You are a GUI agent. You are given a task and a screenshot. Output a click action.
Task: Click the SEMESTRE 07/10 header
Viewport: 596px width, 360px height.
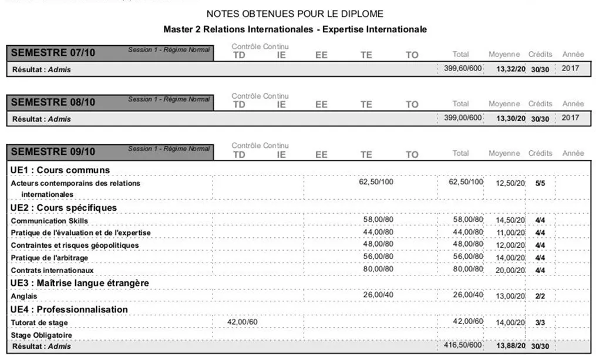(53, 53)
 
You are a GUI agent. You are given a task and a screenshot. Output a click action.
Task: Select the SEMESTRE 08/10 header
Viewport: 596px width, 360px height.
(53, 103)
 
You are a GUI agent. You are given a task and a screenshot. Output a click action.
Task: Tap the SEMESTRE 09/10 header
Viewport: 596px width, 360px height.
(53, 152)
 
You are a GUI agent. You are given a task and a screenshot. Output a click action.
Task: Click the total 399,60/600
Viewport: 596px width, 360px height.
(462, 69)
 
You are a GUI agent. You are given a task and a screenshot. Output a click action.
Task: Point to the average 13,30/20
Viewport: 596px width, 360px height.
(510, 118)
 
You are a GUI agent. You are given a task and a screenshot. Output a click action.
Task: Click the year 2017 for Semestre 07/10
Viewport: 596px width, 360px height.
(570, 68)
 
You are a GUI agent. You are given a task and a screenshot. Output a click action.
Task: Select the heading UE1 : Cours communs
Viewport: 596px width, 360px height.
(60, 170)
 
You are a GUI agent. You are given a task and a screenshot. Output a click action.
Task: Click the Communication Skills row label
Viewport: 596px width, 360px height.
(49, 221)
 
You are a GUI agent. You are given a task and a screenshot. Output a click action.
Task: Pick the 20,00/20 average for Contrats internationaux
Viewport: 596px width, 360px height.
(510, 270)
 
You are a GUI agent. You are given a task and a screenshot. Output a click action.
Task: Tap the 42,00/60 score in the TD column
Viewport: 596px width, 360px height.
(242, 322)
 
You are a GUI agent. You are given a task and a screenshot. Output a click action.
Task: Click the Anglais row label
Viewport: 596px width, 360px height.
(24, 297)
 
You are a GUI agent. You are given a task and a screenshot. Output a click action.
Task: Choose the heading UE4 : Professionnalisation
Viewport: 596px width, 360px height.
(69, 309)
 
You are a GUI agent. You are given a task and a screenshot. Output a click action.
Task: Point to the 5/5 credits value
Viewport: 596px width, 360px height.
(540, 183)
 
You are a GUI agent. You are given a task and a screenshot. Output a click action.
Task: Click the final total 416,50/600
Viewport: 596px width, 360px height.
(462, 346)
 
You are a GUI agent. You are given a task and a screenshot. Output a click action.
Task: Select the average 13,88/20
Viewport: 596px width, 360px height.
(510, 346)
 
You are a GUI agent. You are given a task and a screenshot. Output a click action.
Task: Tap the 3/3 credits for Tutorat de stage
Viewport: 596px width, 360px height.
(540, 323)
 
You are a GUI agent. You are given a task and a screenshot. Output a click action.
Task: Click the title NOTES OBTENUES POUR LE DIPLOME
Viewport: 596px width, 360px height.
(295, 14)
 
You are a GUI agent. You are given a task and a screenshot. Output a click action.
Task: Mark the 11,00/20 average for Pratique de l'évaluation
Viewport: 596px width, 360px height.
(510, 233)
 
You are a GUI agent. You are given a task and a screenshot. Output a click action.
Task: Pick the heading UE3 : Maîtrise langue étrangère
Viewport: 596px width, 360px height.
(79, 283)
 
